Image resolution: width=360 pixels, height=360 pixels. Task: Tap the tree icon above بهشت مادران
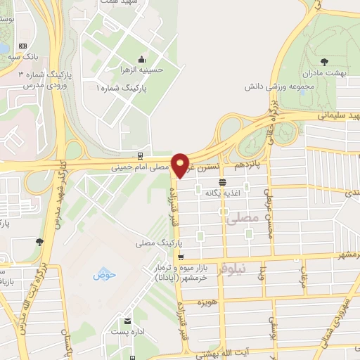323,61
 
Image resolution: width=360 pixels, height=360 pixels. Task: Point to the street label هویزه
205,302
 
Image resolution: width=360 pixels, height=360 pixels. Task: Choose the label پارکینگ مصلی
160,243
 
